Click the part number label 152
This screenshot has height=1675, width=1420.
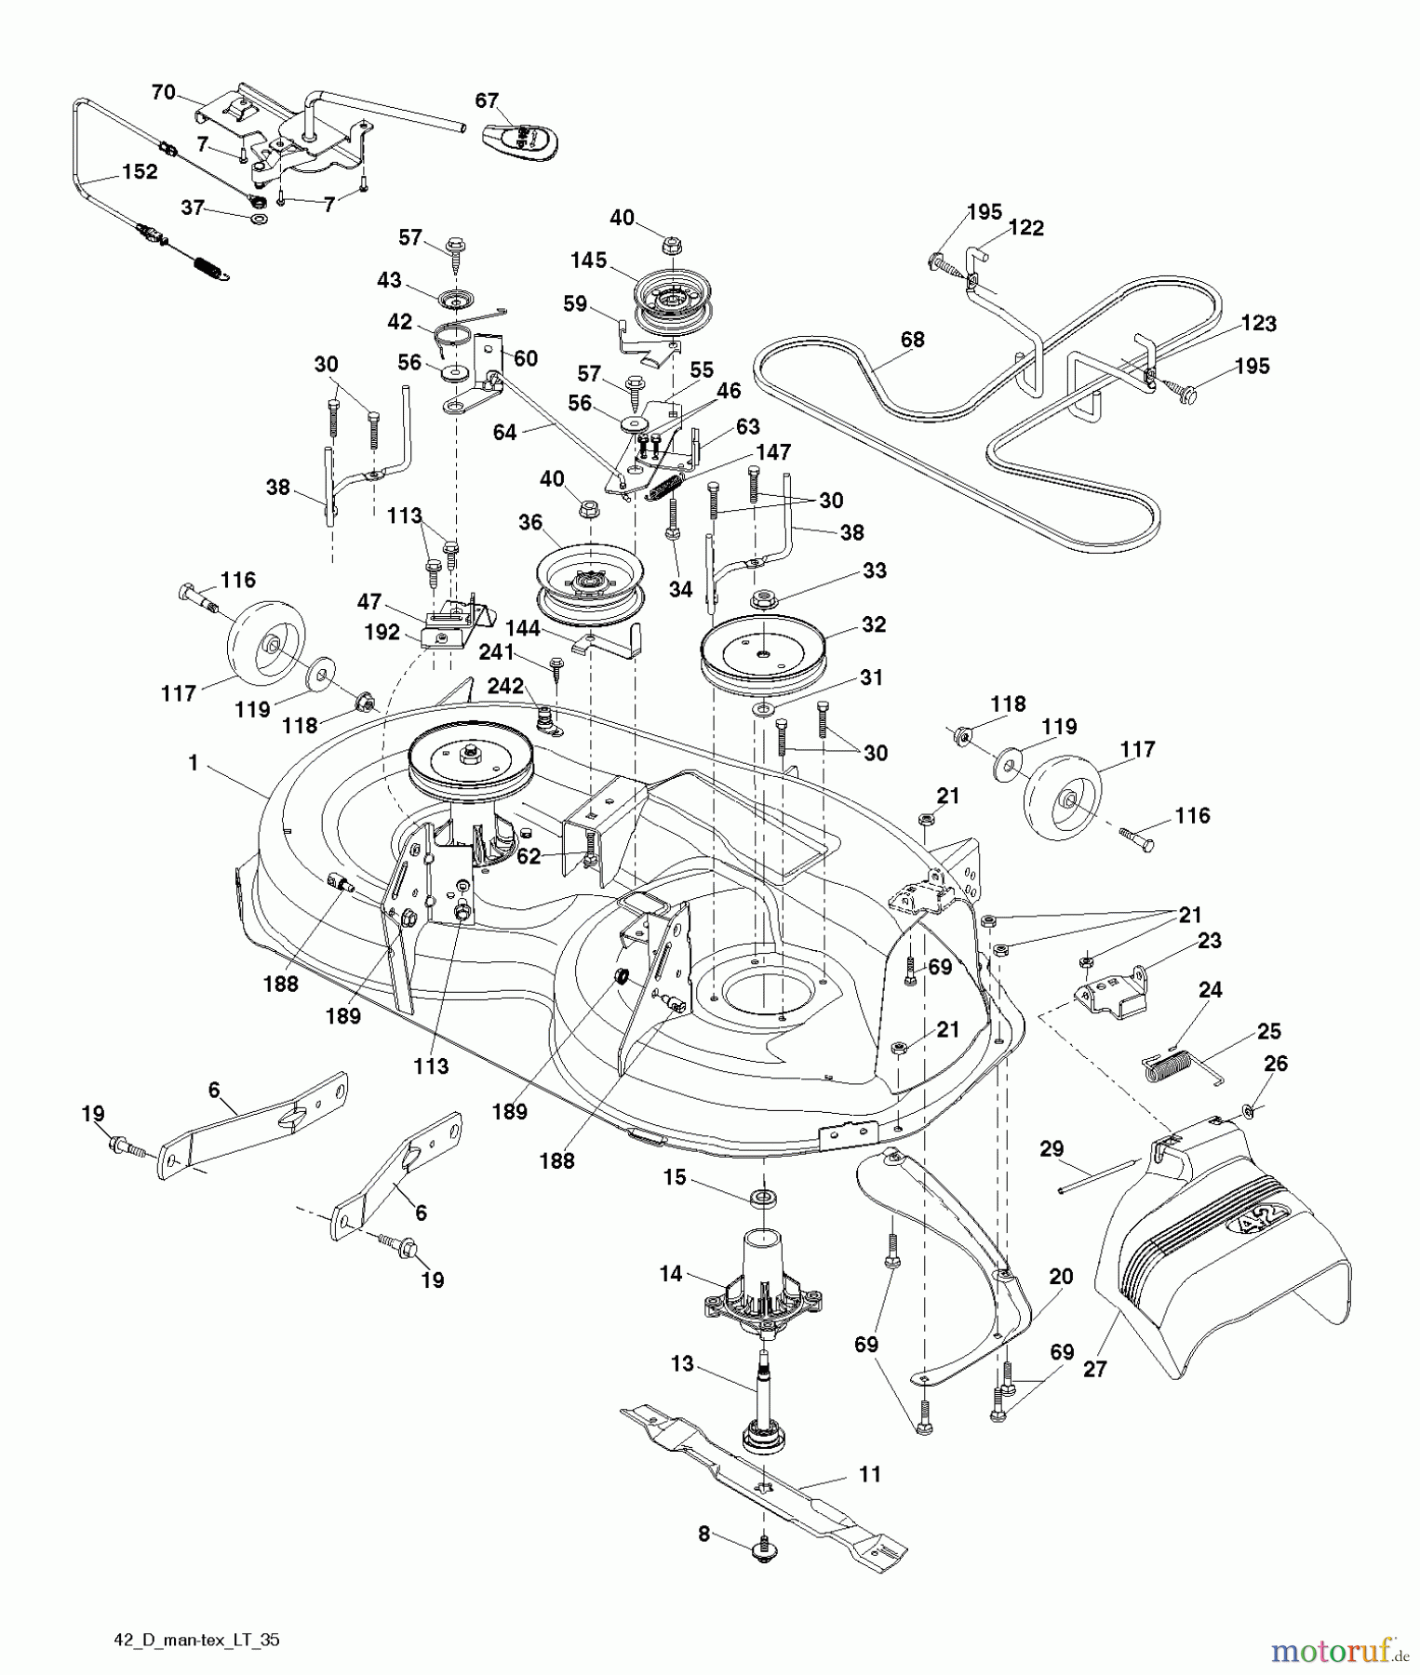tap(140, 172)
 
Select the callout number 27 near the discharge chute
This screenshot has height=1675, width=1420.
tap(1094, 1369)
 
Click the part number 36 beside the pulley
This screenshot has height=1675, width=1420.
tap(530, 523)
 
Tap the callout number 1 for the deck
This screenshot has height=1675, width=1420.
tap(194, 763)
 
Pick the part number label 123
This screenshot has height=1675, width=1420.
tap(1258, 324)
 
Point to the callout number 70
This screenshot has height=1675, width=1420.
tap(163, 91)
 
